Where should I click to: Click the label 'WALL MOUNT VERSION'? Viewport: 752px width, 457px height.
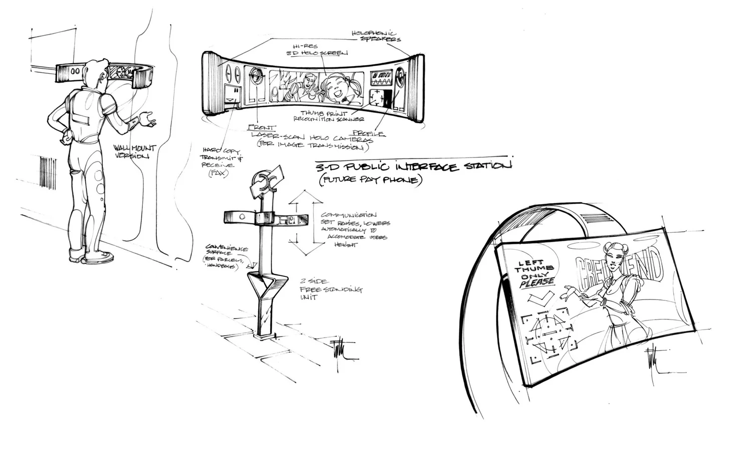tap(134, 151)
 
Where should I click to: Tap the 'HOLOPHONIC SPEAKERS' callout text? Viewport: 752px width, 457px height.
tap(377, 35)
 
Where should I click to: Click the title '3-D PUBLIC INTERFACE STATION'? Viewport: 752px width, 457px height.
tap(414, 167)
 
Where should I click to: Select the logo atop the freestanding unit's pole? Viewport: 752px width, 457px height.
tap(265, 184)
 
